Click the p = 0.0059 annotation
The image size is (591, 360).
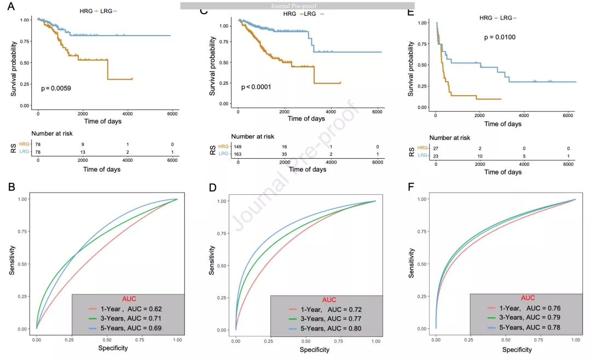tap(56, 88)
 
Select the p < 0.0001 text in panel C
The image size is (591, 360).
tap(256, 87)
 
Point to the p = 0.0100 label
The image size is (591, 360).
tap(500, 37)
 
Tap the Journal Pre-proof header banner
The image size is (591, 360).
tap(297, 5)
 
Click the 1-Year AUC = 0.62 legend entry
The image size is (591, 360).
tap(128, 309)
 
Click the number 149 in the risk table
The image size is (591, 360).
tap(237, 147)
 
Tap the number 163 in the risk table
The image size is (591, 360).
tap(237, 154)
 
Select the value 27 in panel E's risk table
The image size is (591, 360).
tap(436, 148)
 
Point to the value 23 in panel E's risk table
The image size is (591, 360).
tap(436, 156)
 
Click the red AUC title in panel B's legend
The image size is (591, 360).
tap(129, 299)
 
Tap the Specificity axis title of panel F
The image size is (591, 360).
tap(506, 349)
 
